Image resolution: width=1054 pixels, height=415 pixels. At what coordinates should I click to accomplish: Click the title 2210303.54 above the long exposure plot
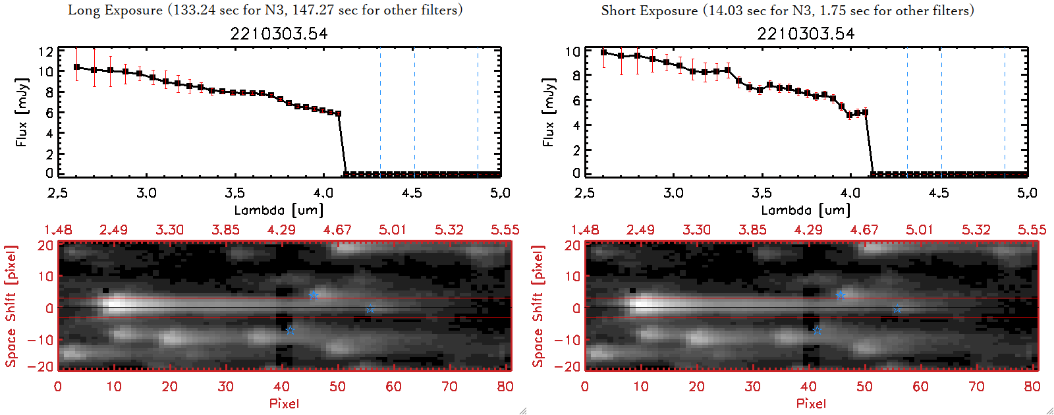tap(279, 34)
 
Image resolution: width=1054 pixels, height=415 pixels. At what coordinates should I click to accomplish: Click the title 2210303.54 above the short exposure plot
tap(806, 34)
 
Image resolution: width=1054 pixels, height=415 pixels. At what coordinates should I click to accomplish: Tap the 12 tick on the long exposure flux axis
tap(46, 51)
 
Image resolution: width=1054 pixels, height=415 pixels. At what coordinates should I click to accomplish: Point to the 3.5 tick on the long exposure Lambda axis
tap(235, 193)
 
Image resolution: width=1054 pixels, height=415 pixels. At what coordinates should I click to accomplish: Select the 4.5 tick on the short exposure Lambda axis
tap(939, 193)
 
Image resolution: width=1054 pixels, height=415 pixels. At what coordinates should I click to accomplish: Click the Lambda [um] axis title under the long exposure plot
tap(279, 210)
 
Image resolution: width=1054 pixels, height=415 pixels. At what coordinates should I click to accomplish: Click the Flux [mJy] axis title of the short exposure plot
tap(548, 112)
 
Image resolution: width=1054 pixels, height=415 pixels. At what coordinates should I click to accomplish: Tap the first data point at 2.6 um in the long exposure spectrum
tap(76, 67)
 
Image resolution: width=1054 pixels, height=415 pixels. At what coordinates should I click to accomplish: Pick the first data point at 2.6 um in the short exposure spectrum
tap(603, 53)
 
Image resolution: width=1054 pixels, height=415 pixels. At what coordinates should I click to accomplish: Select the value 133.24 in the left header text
tap(194, 10)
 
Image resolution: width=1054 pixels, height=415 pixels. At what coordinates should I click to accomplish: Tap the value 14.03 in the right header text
tap(725, 11)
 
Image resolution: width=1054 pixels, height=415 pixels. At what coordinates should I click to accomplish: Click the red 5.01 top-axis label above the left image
tap(393, 230)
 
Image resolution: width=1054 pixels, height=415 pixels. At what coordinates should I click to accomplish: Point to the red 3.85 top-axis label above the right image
tap(752, 230)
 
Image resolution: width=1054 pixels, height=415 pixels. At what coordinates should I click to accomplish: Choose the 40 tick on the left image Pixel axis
tap(282, 387)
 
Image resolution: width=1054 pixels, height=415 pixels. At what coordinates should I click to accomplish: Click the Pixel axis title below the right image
tap(811, 403)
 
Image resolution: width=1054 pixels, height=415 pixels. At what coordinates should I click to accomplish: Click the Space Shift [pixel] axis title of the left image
tap(11, 306)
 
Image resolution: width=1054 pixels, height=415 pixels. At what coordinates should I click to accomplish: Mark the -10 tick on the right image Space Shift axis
tap(568, 339)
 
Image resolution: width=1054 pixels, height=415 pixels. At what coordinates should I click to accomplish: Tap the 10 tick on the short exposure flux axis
tap(573, 51)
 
